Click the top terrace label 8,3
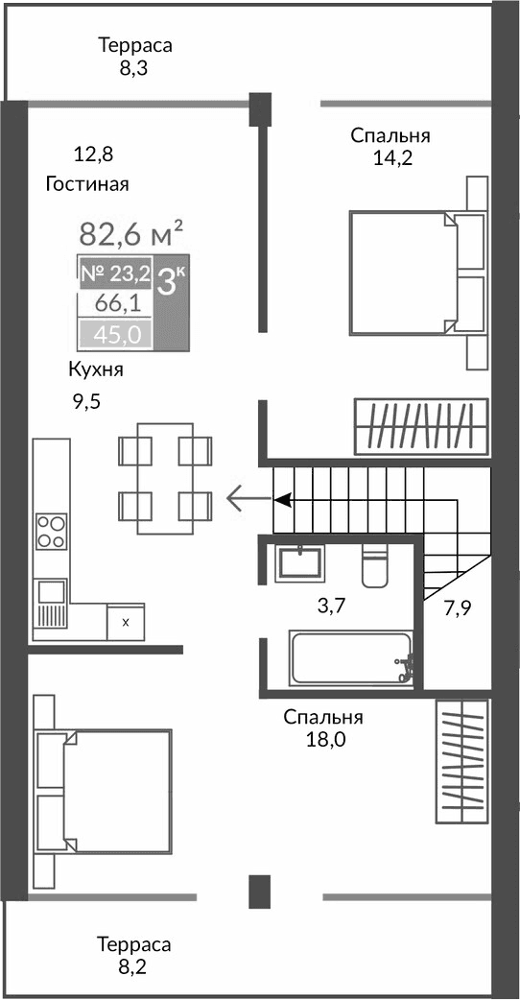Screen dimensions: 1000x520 pyautogui.click(x=134, y=69)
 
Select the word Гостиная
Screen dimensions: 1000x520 pyautogui.click(x=87, y=184)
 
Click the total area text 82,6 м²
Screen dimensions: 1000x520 pyautogui.click(x=130, y=233)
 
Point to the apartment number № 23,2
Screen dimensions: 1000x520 pyautogui.click(x=114, y=274)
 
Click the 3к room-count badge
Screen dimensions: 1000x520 pyautogui.click(x=172, y=282)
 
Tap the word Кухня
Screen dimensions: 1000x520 pyautogui.click(x=95, y=370)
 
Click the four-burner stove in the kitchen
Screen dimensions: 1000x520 pyautogui.click(x=51, y=532)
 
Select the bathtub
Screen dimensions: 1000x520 pyautogui.click(x=351, y=658)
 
